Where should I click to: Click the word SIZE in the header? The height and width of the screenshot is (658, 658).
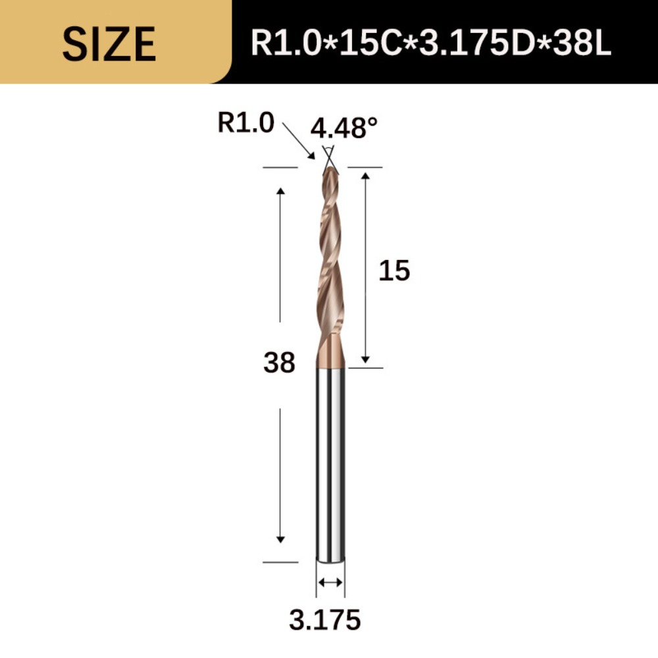click(x=109, y=44)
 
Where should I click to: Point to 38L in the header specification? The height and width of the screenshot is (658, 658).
click(x=580, y=44)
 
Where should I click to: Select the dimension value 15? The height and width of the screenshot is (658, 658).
click(x=394, y=270)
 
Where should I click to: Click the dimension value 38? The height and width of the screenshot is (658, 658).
click(x=279, y=363)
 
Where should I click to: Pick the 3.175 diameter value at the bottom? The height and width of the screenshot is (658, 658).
click(x=325, y=619)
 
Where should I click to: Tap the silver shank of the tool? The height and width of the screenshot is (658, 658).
click(x=330, y=461)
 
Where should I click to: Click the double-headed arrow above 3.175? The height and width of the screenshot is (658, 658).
click(x=330, y=582)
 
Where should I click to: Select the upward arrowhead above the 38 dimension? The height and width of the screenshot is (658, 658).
click(x=280, y=191)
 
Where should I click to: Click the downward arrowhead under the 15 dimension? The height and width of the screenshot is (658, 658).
click(x=366, y=359)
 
